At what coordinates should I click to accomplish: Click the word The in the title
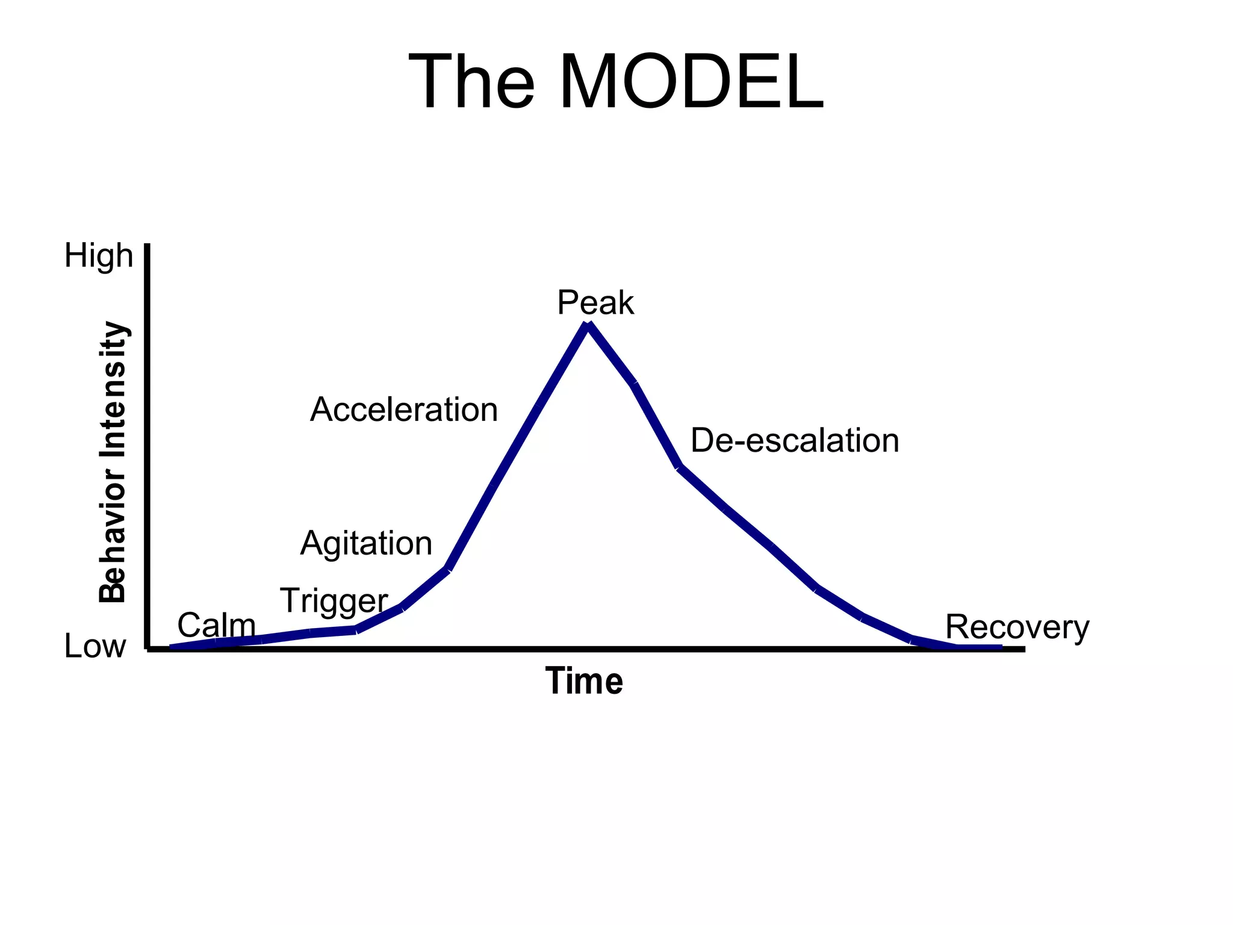tap(471, 82)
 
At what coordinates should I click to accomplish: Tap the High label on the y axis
tap(99, 256)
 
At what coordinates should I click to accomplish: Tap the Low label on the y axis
tap(95, 647)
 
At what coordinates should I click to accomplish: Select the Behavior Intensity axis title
tap(113, 462)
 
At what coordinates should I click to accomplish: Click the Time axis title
tap(584, 682)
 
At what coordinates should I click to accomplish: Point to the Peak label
tap(595, 303)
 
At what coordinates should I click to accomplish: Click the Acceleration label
tap(404, 410)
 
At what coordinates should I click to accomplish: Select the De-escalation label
tap(795, 441)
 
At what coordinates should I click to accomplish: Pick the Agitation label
tap(366, 544)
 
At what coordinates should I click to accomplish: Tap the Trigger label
tap(334, 601)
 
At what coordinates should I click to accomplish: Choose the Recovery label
tap(1017, 628)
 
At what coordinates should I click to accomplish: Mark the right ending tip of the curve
tap(1001, 647)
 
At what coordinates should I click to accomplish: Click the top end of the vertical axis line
tap(148, 246)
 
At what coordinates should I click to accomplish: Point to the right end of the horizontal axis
tap(1023, 649)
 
